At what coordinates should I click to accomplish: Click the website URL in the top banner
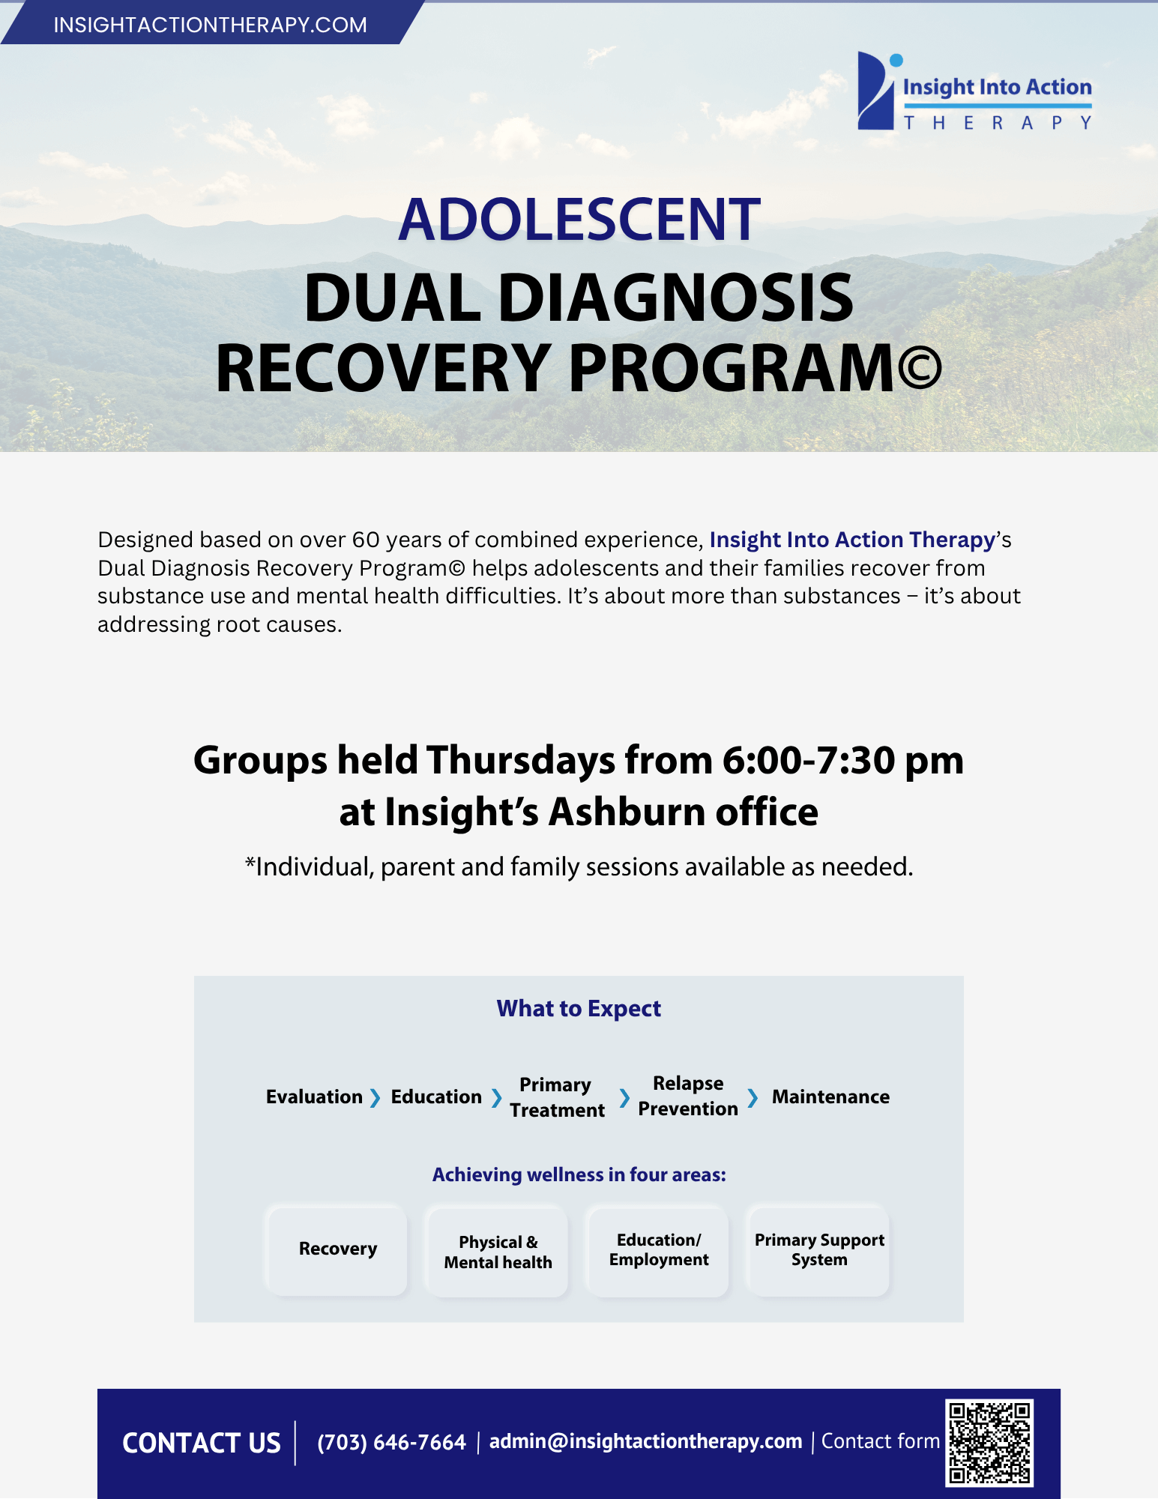210,25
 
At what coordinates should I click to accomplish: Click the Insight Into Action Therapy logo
974,91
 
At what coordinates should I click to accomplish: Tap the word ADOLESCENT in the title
579,220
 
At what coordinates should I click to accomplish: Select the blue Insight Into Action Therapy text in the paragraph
852,540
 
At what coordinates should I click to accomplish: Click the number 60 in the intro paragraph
367,540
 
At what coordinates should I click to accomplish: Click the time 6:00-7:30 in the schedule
809,761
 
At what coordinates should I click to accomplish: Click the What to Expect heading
579,1009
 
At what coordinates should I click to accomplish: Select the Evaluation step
314,1097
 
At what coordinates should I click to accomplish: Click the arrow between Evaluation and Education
376,1098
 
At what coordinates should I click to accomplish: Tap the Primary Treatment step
557,1097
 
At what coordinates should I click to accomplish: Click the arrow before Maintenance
753,1098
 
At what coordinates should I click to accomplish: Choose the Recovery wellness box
337,1249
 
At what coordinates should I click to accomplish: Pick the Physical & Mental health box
498,1251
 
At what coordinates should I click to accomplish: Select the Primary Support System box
819,1250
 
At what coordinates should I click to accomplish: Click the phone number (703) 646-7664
391,1442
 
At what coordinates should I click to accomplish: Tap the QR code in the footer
989,1443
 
